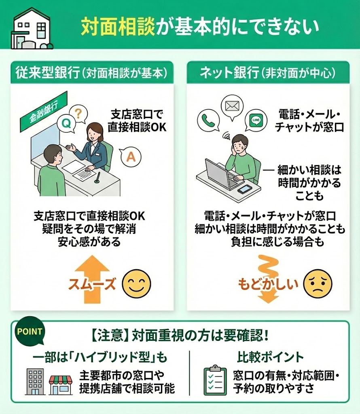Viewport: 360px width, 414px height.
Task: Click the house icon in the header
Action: [x=32, y=29]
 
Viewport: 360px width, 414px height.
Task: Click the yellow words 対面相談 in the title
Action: [x=118, y=26]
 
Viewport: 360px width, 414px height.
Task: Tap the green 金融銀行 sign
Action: [x=44, y=112]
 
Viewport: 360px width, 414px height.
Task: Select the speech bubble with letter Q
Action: [x=66, y=123]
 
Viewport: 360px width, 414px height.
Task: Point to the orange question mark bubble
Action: [x=78, y=114]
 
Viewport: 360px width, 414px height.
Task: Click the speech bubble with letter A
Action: [x=131, y=157]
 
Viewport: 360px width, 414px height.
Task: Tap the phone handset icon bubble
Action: [x=208, y=120]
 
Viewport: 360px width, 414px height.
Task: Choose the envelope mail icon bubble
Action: [x=232, y=107]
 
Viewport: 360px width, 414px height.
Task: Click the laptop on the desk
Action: [x=220, y=174]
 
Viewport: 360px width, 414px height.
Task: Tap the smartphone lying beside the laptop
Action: [x=245, y=189]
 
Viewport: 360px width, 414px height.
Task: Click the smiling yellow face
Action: [x=136, y=284]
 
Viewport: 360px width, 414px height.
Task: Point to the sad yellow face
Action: [x=318, y=283]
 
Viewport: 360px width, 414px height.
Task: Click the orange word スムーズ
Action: [x=92, y=284]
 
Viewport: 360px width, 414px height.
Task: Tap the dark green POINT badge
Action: [x=30, y=331]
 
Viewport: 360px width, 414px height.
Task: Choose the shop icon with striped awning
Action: [x=61, y=385]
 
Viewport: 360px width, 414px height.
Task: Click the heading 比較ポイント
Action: [x=270, y=357]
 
